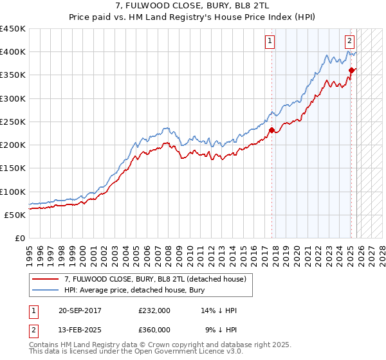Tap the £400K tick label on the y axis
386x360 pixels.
click(13, 52)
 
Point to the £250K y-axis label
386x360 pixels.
click(13, 122)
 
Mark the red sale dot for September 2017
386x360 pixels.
click(271, 130)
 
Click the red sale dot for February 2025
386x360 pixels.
click(351, 71)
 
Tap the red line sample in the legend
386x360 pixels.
click(46, 280)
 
